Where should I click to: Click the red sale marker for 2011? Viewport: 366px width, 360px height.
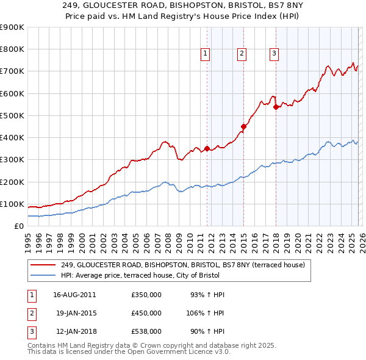(x=207, y=148)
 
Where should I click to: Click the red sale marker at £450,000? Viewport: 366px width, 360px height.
(x=243, y=126)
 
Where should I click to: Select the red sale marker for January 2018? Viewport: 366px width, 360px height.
(x=276, y=107)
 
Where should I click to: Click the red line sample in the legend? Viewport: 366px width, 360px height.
(x=43, y=264)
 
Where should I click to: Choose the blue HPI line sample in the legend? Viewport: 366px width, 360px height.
(x=43, y=276)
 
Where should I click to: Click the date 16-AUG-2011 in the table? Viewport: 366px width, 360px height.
(x=74, y=295)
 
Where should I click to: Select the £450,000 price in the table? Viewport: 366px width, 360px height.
(x=146, y=313)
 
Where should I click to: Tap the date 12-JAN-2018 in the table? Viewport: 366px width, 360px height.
(x=74, y=331)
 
